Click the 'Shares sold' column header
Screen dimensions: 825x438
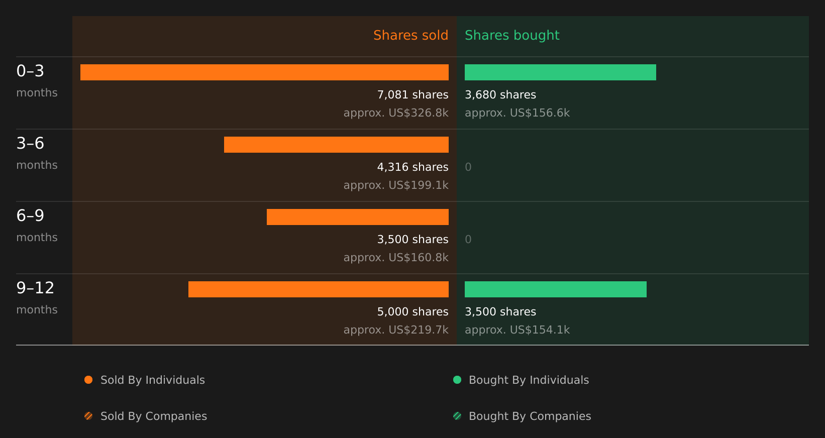pyautogui.click(x=410, y=35)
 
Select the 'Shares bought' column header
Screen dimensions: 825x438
pyautogui.click(x=512, y=35)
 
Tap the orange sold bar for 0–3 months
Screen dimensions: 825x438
pyautogui.click(x=264, y=72)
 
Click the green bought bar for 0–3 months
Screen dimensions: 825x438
pyautogui.click(x=560, y=72)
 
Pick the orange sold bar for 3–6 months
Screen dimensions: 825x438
pyautogui.click(x=336, y=145)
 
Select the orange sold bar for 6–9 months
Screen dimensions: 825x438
pyautogui.click(x=358, y=217)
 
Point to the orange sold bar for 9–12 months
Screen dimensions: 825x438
pyautogui.click(x=319, y=289)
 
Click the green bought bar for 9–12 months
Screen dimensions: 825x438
pyautogui.click(x=555, y=289)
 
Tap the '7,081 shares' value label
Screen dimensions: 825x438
pyautogui.click(x=413, y=95)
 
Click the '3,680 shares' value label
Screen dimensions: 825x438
pyautogui.click(x=500, y=95)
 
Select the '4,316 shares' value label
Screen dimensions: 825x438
pyautogui.click(x=413, y=167)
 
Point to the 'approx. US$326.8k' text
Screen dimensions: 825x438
pyautogui.click(x=396, y=113)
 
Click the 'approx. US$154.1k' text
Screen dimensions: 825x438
pyautogui.click(x=517, y=330)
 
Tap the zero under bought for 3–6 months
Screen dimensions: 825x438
pyautogui.click(x=468, y=167)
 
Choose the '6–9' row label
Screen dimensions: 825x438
pyautogui.click(x=30, y=215)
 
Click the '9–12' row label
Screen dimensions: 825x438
pyautogui.click(x=35, y=288)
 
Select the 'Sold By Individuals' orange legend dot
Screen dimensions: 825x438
pyautogui.click(x=88, y=380)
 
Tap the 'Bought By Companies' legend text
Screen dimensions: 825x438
pyautogui.click(x=530, y=416)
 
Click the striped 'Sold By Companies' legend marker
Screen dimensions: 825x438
pyautogui.click(x=88, y=416)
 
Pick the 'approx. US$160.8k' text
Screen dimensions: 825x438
pyautogui.click(x=396, y=258)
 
